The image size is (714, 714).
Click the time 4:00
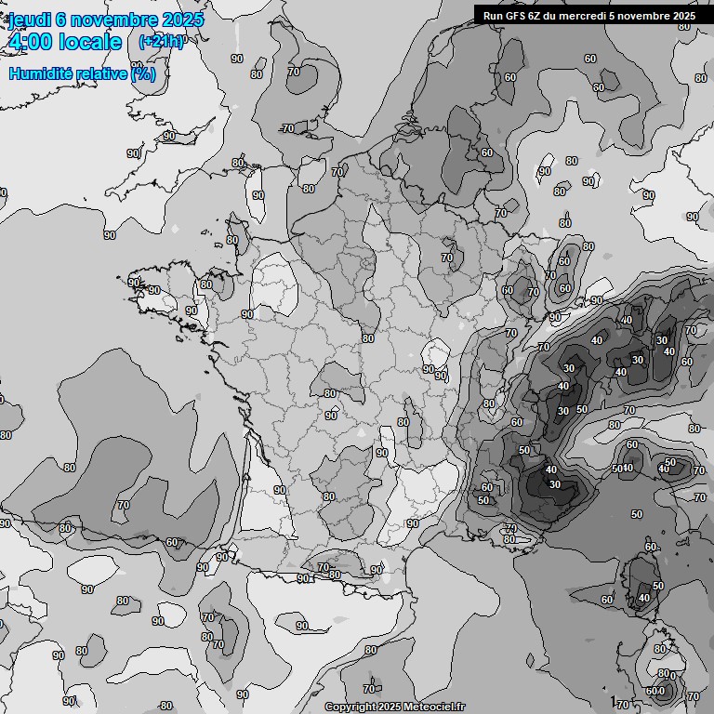coord(31,42)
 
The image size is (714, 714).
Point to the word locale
coord(90,42)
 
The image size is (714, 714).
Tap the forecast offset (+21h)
coord(161,42)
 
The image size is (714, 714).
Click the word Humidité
coord(39,73)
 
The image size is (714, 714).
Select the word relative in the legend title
coord(100,73)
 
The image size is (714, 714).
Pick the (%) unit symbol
coord(143,73)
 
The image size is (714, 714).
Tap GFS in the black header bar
coord(516,16)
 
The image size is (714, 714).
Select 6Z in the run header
coord(537,16)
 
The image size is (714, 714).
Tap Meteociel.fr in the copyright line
coord(433,707)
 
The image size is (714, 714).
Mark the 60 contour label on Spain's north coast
coord(172,542)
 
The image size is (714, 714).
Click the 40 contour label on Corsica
coord(644,598)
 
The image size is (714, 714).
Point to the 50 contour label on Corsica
coord(658,586)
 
